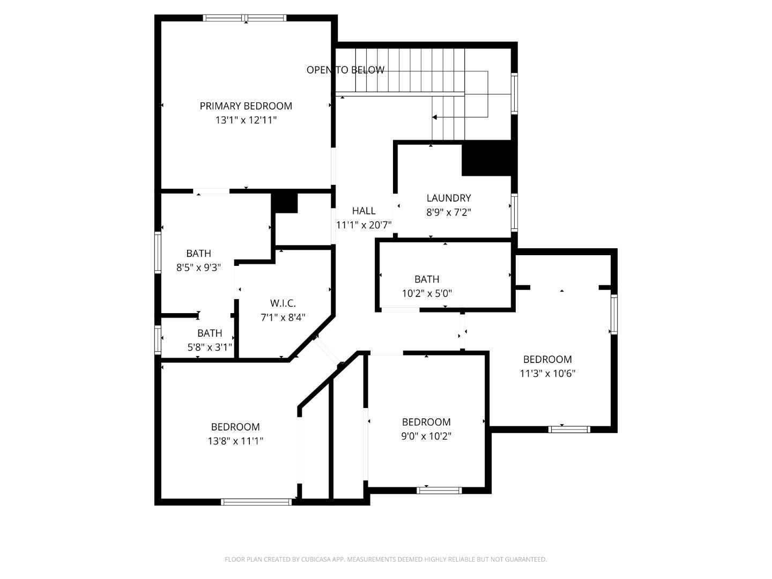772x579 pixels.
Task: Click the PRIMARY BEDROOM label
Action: [x=246, y=106]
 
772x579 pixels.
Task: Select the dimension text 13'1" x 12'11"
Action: [x=246, y=120]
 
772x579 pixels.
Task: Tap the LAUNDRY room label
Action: [x=448, y=198]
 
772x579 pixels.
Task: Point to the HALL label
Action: [x=363, y=211]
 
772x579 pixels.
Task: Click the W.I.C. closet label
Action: [x=283, y=303]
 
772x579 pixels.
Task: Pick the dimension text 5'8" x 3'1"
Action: [x=210, y=347]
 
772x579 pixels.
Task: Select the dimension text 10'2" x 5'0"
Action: [x=427, y=293]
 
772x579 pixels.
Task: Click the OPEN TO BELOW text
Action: [x=345, y=70]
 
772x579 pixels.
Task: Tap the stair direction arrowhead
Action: [x=435, y=117]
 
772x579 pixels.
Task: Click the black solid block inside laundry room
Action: [x=486, y=159]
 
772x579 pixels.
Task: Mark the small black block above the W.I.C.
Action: [x=284, y=203]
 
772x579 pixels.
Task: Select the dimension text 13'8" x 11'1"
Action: [x=235, y=441]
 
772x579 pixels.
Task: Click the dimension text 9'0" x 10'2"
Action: [x=426, y=436]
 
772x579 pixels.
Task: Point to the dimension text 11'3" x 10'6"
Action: [x=547, y=374]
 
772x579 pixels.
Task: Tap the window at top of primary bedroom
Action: [x=245, y=18]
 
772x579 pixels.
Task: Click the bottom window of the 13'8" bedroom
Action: [x=256, y=502]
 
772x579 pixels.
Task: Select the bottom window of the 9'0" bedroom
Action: [x=439, y=490]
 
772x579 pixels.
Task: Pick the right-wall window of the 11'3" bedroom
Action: [x=614, y=315]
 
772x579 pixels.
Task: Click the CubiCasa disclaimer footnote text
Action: [x=385, y=559]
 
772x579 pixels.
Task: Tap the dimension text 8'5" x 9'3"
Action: [x=198, y=268]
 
